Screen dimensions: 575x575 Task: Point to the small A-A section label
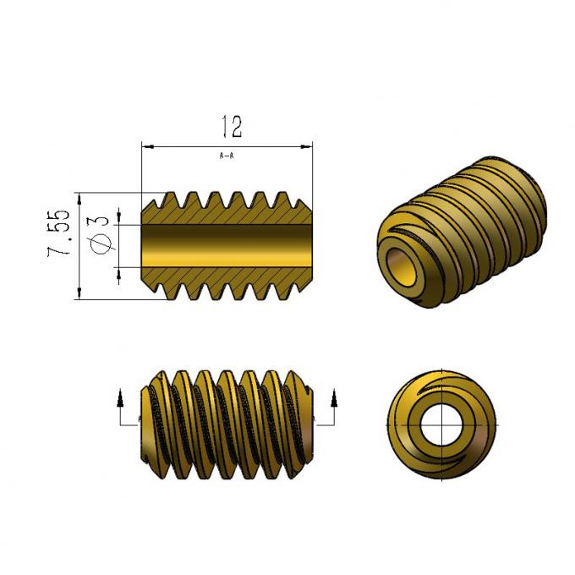click(x=227, y=156)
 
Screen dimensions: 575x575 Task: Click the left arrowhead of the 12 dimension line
click(x=146, y=146)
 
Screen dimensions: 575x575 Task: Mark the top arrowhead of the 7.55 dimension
click(x=79, y=198)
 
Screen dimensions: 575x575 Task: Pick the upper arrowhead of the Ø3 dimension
click(x=118, y=219)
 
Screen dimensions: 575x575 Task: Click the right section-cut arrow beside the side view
click(x=335, y=397)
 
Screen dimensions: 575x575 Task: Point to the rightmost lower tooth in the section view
click(x=298, y=290)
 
